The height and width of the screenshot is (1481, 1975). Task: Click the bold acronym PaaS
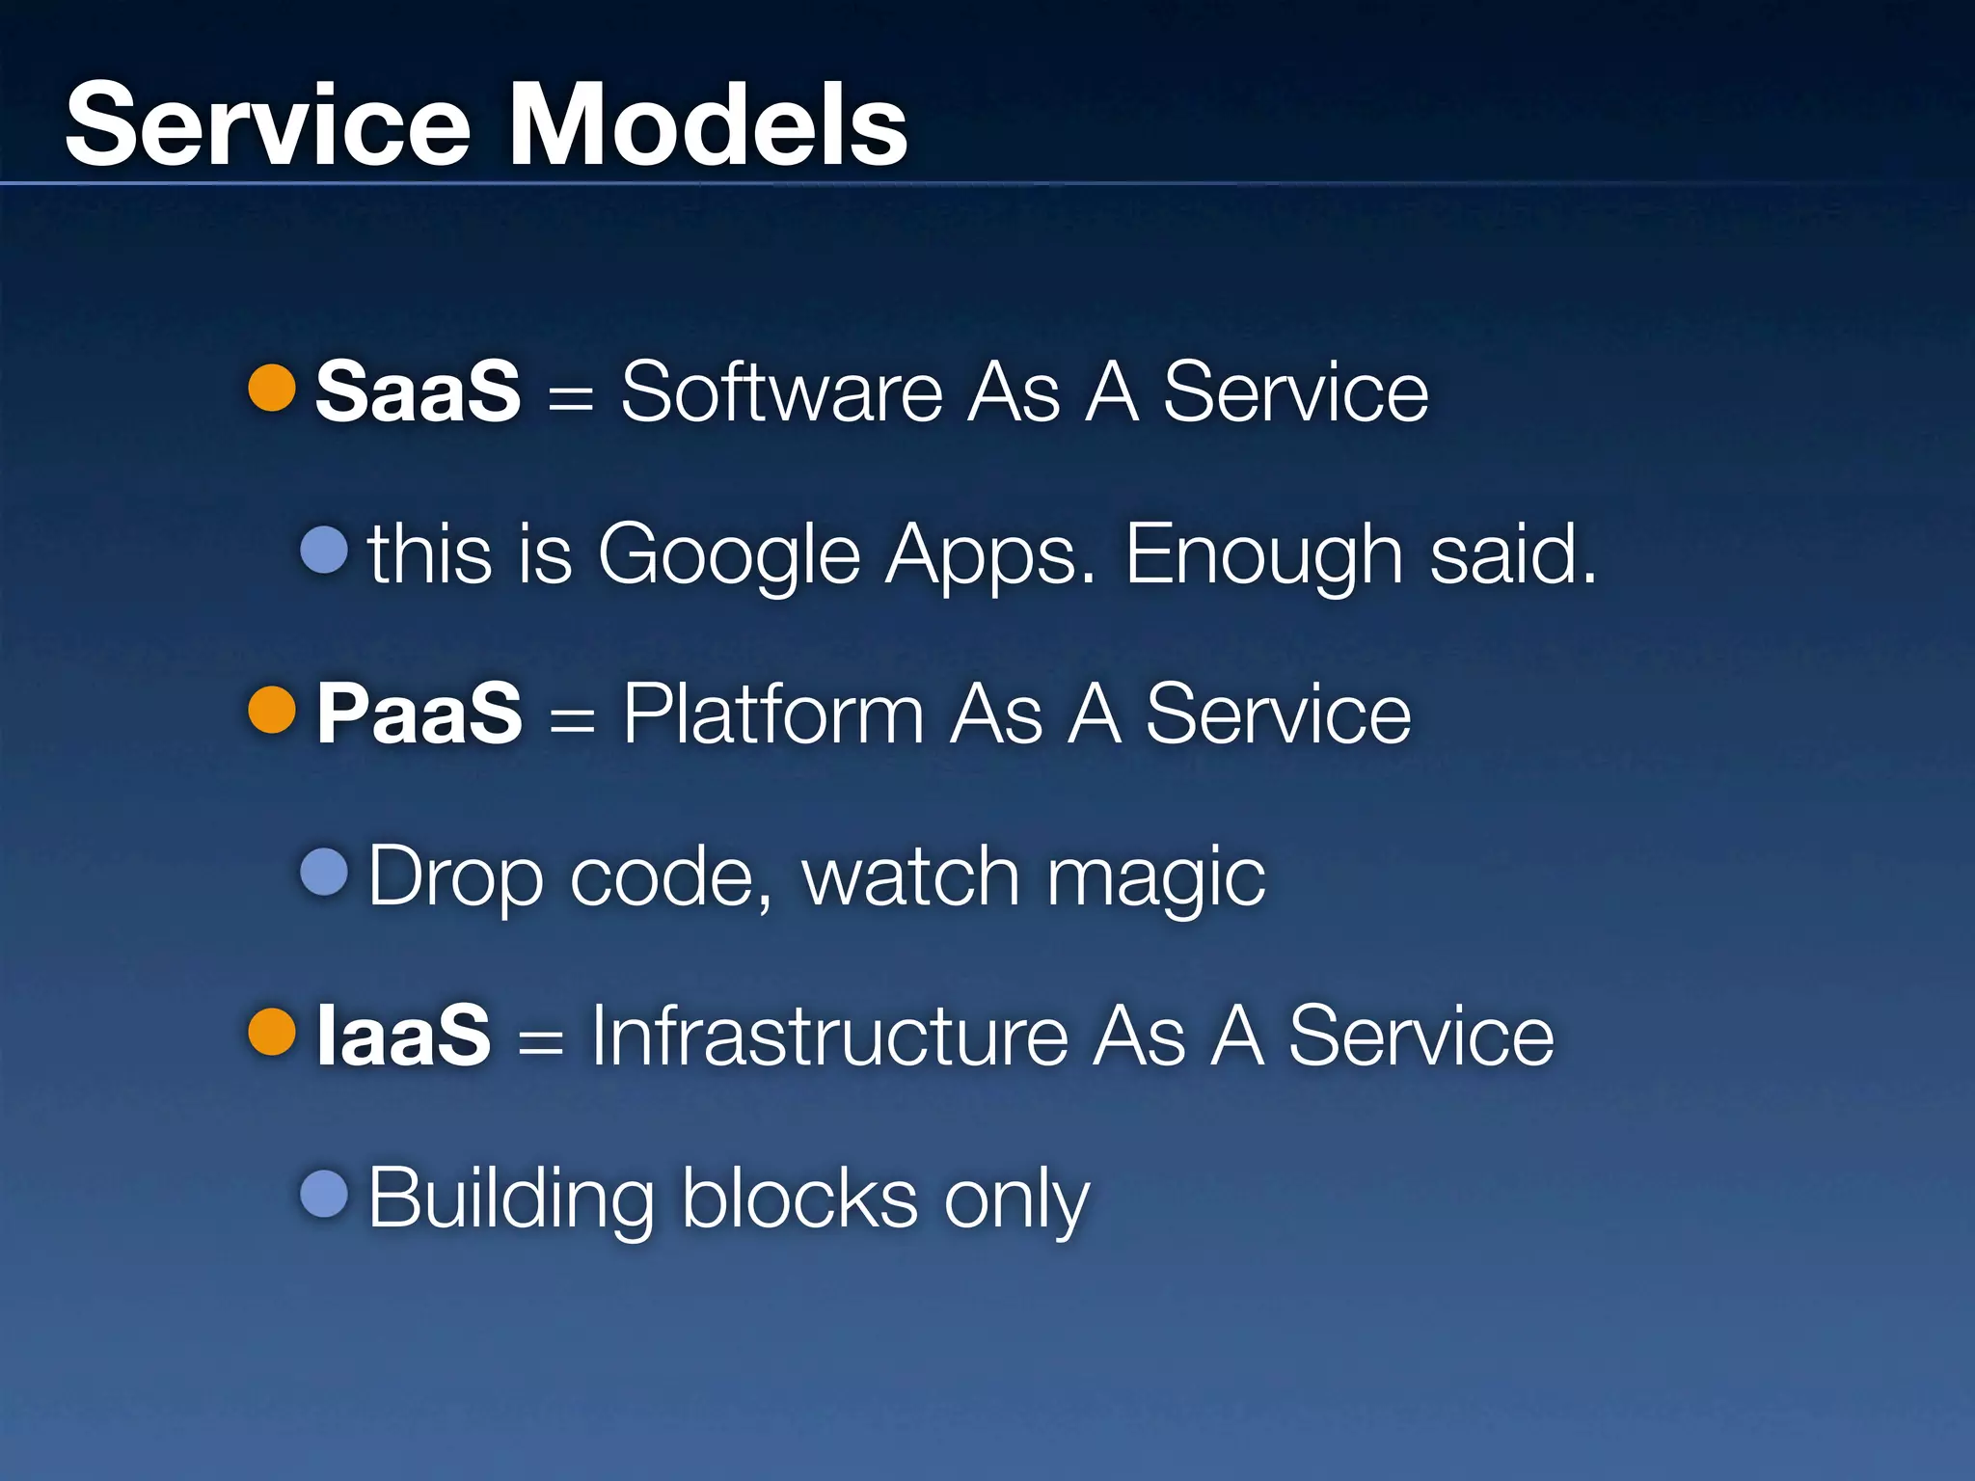419,714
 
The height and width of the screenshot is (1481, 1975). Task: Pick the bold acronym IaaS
403,1036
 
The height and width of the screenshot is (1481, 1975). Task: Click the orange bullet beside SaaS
272,388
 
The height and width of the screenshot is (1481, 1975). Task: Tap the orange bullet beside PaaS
272,711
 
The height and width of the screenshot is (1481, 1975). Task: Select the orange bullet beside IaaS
272,1033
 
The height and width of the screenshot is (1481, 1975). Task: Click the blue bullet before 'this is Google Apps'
324,551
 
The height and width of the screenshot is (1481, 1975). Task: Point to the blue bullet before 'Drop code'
324,873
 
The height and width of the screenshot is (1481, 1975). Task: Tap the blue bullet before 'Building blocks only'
324,1195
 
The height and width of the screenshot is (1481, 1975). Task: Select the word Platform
773,714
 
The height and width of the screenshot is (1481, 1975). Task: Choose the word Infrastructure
829,1036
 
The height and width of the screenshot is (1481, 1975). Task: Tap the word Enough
1263,555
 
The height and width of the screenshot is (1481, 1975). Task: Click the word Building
512,1199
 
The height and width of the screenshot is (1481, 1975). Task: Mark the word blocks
799,1199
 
